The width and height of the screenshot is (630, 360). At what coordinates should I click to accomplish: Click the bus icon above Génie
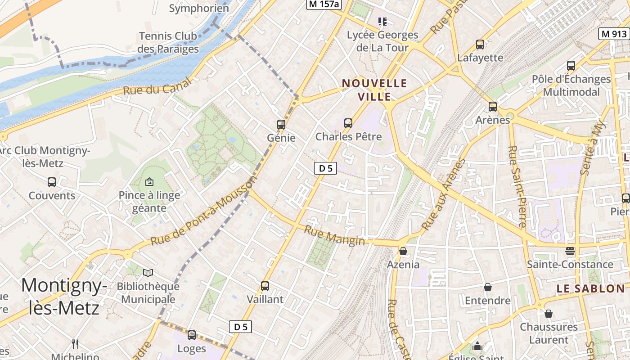(281, 124)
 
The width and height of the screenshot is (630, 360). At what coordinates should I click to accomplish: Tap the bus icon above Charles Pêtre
(348, 123)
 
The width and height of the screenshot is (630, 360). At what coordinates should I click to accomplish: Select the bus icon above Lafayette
(480, 45)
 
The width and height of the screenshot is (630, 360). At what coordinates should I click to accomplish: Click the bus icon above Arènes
(493, 107)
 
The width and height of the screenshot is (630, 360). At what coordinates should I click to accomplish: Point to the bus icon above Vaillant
(265, 286)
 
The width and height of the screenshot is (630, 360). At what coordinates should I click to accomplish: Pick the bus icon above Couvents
(52, 182)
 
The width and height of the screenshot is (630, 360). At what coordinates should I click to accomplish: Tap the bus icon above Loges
(192, 335)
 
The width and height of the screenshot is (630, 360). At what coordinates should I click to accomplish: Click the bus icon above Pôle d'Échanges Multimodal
(571, 66)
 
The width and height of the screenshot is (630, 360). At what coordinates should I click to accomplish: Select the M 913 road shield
(614, 33)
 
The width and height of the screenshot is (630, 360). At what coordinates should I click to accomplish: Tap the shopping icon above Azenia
(403, 251)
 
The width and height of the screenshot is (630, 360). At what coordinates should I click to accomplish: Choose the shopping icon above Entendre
(487, 287)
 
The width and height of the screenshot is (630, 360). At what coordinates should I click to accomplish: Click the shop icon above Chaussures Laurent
(548, 314)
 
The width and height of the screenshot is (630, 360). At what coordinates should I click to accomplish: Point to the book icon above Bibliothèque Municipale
(148, 273)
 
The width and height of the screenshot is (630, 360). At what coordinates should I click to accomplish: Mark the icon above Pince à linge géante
(149, 182)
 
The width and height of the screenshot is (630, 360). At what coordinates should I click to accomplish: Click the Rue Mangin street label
(334, 235)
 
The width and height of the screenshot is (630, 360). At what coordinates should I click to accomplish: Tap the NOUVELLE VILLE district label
(374, 90)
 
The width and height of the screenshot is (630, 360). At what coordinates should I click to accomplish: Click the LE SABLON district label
(591, 288)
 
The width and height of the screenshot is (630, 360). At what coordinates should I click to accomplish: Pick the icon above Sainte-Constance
(570, 251)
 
